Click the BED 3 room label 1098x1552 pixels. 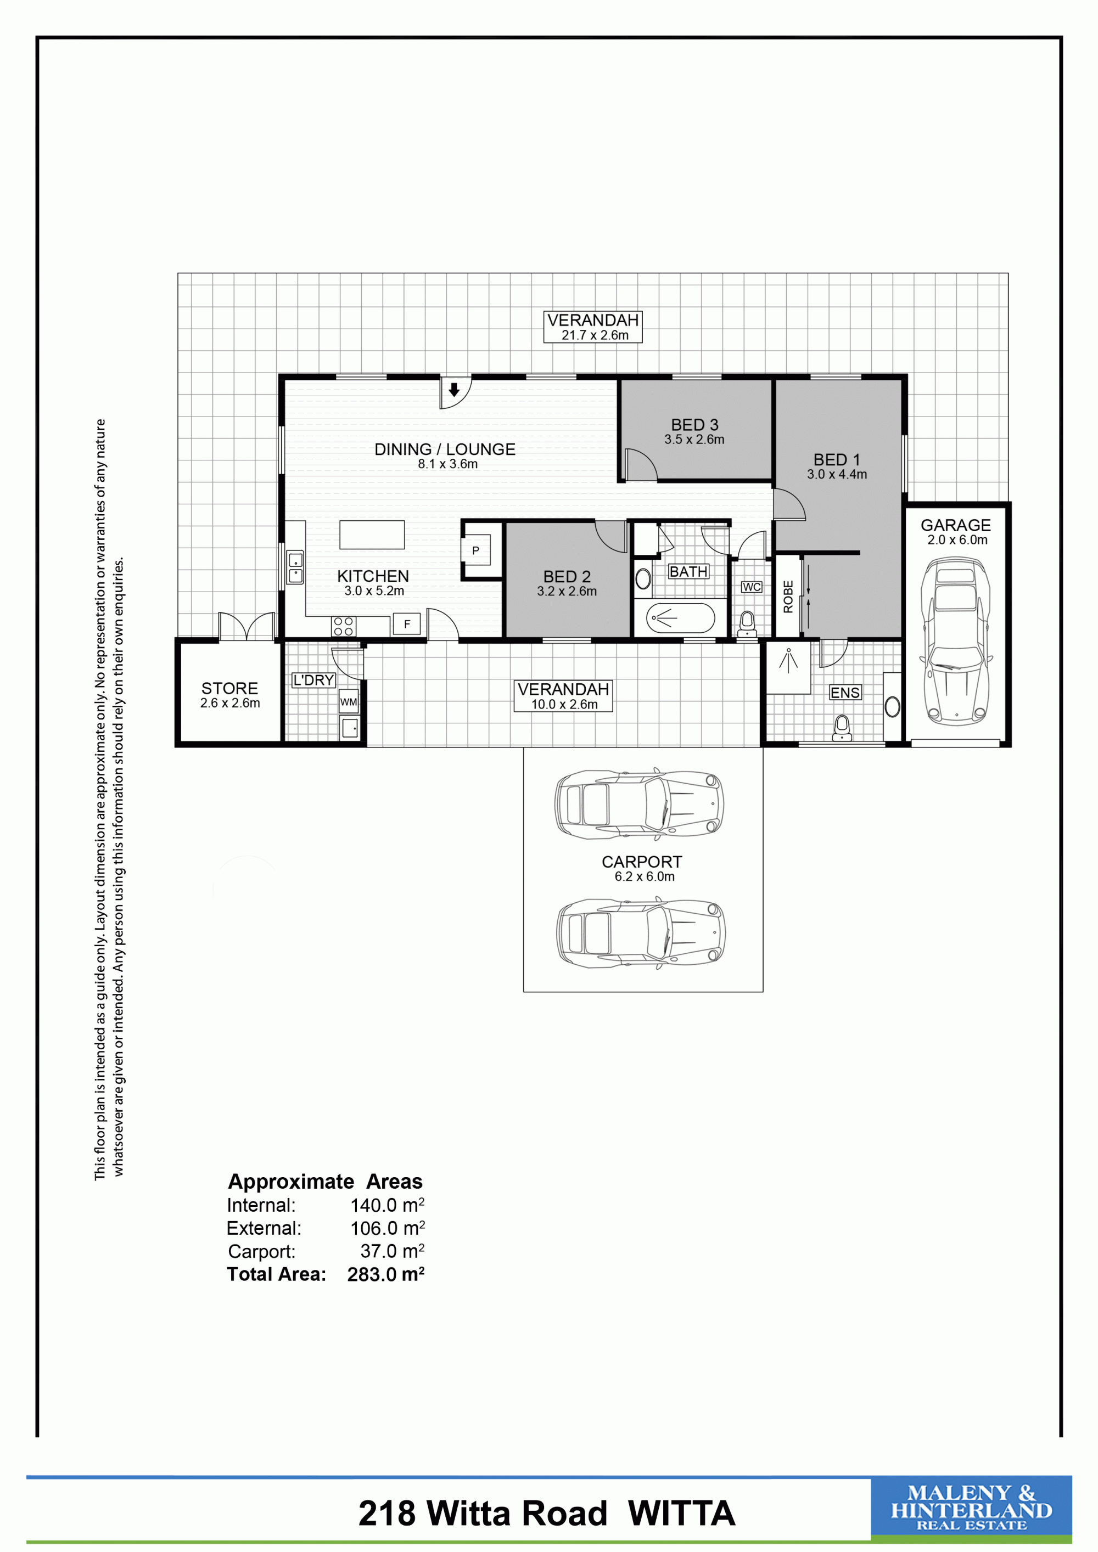pyautogui.click(x=694, y=425)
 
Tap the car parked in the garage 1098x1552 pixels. pyautogui.click(x=955, y=640)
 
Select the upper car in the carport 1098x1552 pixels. pyautogui.click(x=639, y=803)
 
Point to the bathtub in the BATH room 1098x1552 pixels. pyautogui.click(x=680, y=618)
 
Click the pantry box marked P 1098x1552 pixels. pyautogui.click(x=475, y=551)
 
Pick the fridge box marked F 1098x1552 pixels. pyautogui.click(x=407, y=624)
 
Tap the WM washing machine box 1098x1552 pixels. pyautogui.click(x=348, y=702)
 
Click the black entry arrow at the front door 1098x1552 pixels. pyautogui.click(x=455, y=390)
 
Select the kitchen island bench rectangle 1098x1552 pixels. pyautogui.click(x=372, y=535)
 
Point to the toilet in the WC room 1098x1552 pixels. pyautogui.click(x=747, y=623)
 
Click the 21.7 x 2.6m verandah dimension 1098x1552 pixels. pyautogui.click(x=595, y=335)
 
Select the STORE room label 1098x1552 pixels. pyautogui.click(x=230, y=688)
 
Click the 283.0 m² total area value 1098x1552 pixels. pyautogui.click(x=385, y=1274)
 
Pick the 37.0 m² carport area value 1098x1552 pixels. pyautogui.click(x=391, y=1251)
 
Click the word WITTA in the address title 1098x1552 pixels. pyautogui.click(x=681, y=1513)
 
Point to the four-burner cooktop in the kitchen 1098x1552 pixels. pyautogui.click(x=344, y=626)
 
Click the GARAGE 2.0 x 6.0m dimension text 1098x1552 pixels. pyautogui.click(x=957, y=540)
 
